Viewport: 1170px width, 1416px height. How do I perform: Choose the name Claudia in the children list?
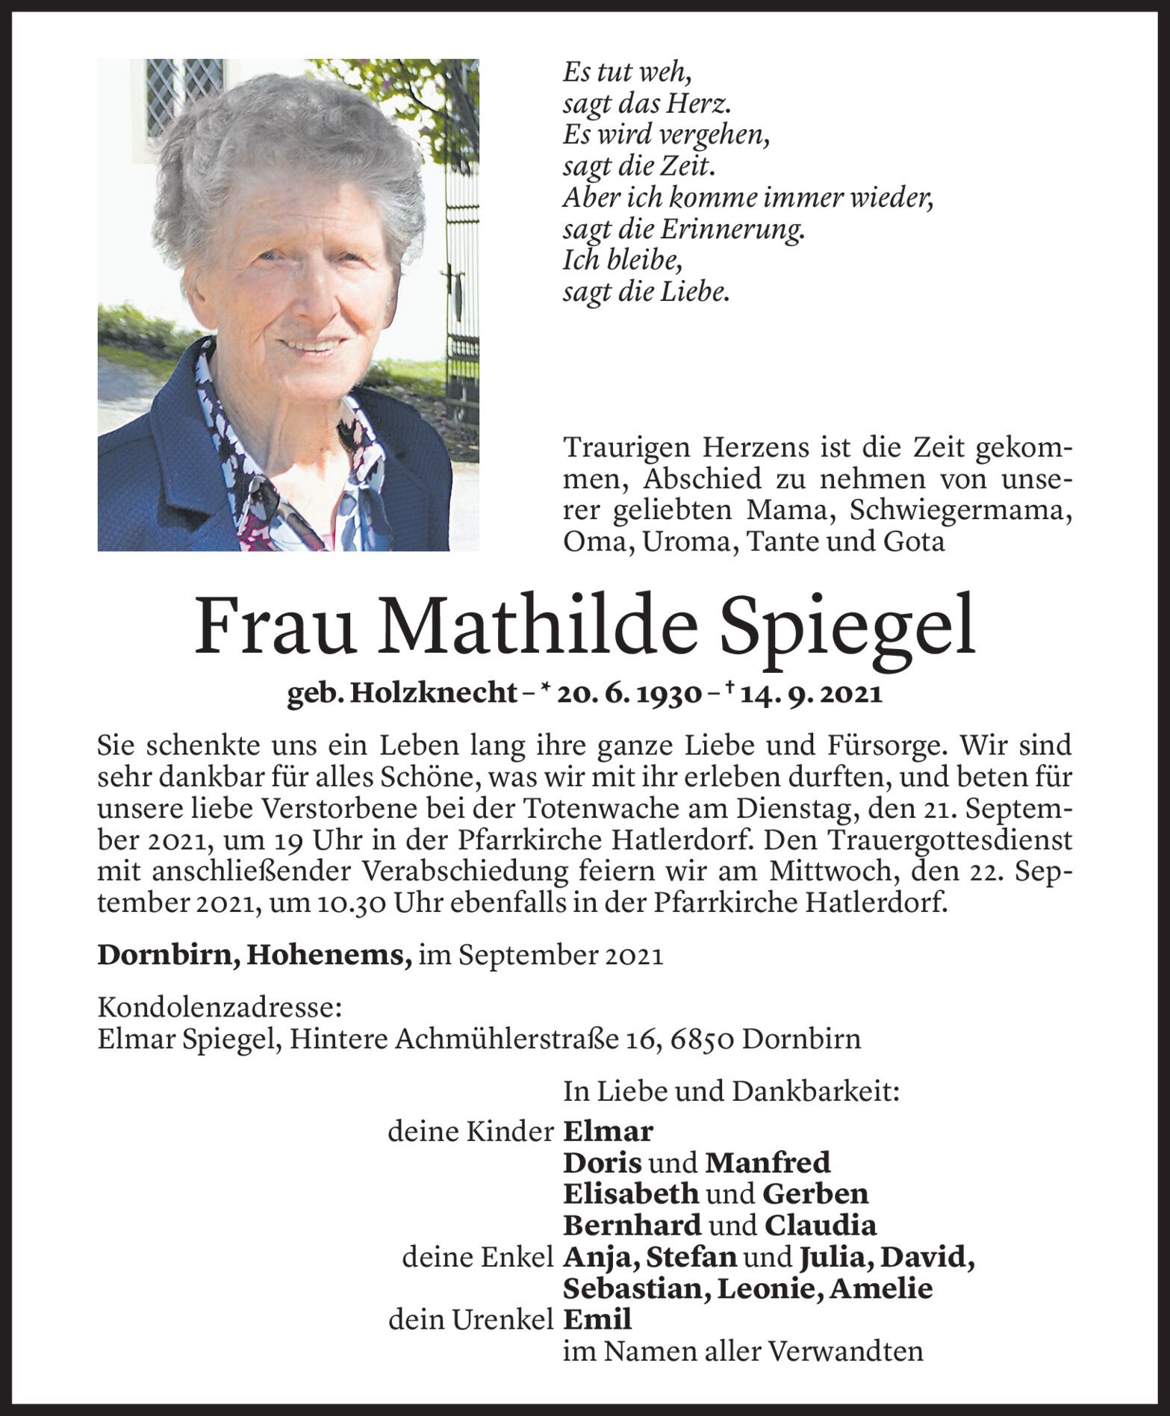click(x=820, y=1226)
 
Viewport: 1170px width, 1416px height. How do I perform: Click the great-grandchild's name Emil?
click(x=597, y=1320)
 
